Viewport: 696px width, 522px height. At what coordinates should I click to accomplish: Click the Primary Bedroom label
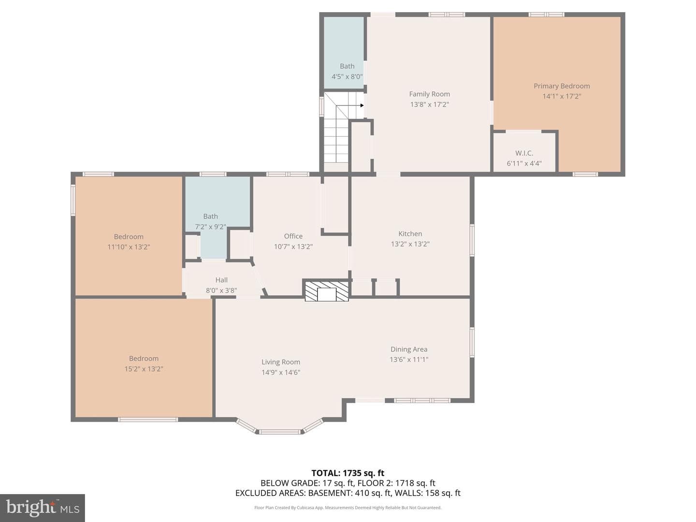pos(562,86)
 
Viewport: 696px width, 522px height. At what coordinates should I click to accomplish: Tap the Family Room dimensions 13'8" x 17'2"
pos(429,104)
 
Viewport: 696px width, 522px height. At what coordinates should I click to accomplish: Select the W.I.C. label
pos(524,153)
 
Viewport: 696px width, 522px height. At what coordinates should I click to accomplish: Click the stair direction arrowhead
pos(362,105)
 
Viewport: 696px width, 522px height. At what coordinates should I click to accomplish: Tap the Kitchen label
pos(410,233)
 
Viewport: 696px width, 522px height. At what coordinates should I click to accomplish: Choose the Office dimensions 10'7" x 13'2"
pos(293,246)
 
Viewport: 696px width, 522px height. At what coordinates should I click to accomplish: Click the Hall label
pos(221,280)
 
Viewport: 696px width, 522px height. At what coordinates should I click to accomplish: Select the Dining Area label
pos(409,349)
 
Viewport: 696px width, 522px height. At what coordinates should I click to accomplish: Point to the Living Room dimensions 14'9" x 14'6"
pos(281,372)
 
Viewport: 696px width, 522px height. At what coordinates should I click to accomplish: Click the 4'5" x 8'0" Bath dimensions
pos(347,76)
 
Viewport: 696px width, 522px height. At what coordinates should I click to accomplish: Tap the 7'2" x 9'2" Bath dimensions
pos(210,227)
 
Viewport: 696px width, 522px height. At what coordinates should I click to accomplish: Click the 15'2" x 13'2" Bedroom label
pos(144,359)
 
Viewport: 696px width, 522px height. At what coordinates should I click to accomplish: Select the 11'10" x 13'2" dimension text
pos(129,246)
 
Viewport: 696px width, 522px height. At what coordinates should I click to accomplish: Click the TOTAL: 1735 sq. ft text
pos(348,473)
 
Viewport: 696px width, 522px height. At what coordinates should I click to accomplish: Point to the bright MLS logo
pos(43,507)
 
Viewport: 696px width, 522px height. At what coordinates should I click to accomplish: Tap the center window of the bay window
pos(279,431)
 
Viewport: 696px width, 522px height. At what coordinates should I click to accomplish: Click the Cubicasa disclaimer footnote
pos(348,507)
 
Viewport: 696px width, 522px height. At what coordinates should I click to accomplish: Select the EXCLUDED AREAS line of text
pos(348,493)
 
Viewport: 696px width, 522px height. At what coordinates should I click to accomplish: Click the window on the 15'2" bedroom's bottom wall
pos(148,420)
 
